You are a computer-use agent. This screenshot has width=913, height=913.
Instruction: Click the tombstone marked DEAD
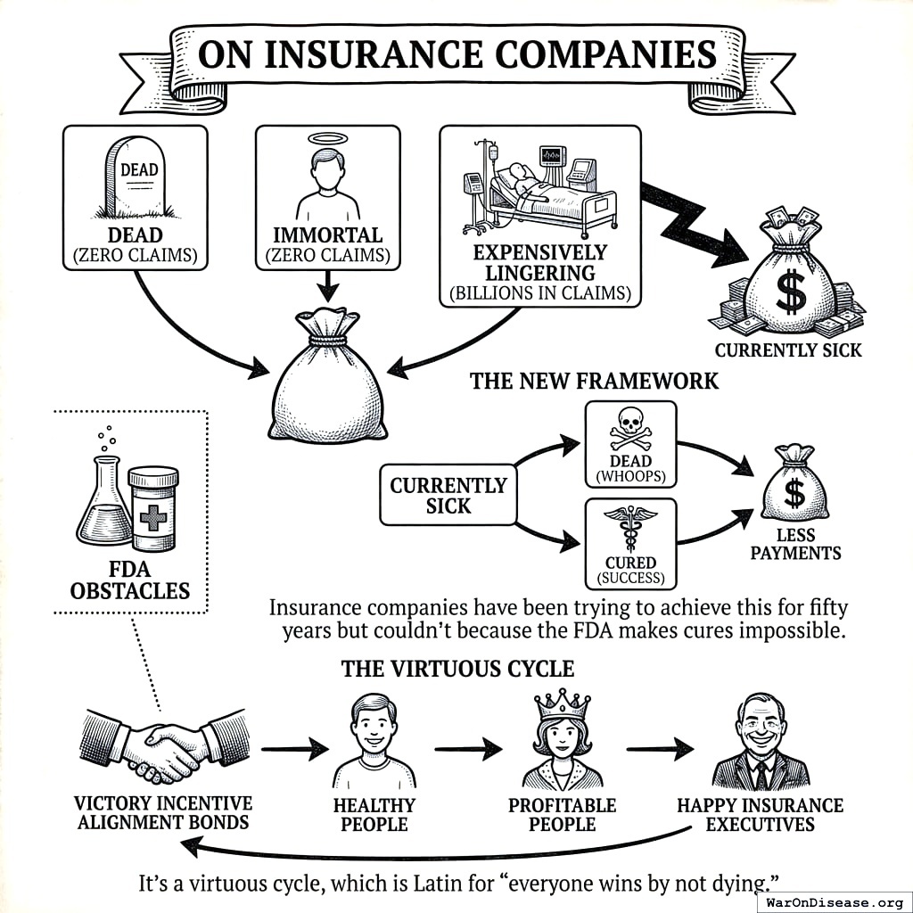pos(136,179)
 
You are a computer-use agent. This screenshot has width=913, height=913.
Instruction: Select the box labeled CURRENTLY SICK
pos(448,495)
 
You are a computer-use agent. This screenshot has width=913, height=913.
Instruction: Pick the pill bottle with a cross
pos(153,508)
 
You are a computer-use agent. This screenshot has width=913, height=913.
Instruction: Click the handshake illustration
pos(166,742)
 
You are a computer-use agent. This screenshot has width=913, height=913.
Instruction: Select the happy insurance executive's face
pos(760,723)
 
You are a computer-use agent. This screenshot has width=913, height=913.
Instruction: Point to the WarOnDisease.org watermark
pos(835,901)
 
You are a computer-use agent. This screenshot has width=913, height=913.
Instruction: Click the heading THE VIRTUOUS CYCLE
pos(457,669)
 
